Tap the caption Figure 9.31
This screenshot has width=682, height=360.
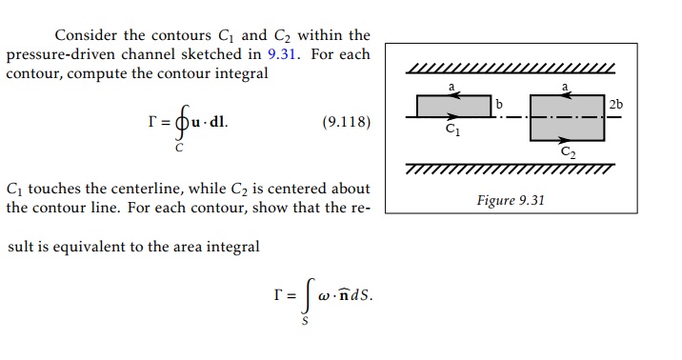511,201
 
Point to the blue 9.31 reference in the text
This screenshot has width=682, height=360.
283,54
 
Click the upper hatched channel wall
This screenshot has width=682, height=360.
511,69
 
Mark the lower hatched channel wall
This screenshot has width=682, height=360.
511,170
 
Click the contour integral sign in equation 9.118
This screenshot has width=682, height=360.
175,126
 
